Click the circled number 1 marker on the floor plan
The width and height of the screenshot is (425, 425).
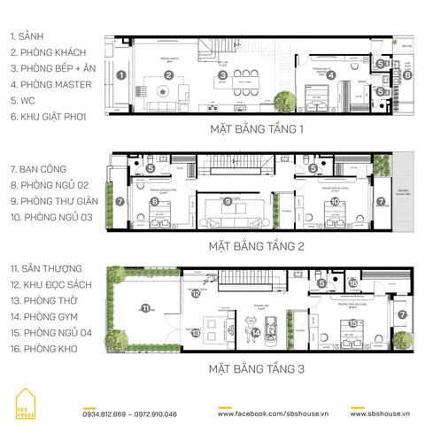click(x=119, y=75)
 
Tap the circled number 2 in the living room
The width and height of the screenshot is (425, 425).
click(x=168, y=75)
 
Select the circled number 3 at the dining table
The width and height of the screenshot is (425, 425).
click(x=223, y=75)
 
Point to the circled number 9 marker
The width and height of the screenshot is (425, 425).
click(x=228, y=202)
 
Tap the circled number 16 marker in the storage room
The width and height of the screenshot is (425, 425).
click(x=352, y=283)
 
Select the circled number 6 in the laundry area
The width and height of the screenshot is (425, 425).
click(x=407, y=75)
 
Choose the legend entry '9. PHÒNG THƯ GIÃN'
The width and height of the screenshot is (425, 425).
click(x=51, y=201)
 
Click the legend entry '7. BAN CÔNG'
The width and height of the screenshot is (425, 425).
click(x=37, y=168)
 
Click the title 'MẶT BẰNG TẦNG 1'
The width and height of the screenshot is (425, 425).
click(x=256, y=129)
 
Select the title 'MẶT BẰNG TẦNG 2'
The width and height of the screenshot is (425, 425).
click(x=256, y=247)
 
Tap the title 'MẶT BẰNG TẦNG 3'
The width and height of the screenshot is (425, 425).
click(x=256, y=367)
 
